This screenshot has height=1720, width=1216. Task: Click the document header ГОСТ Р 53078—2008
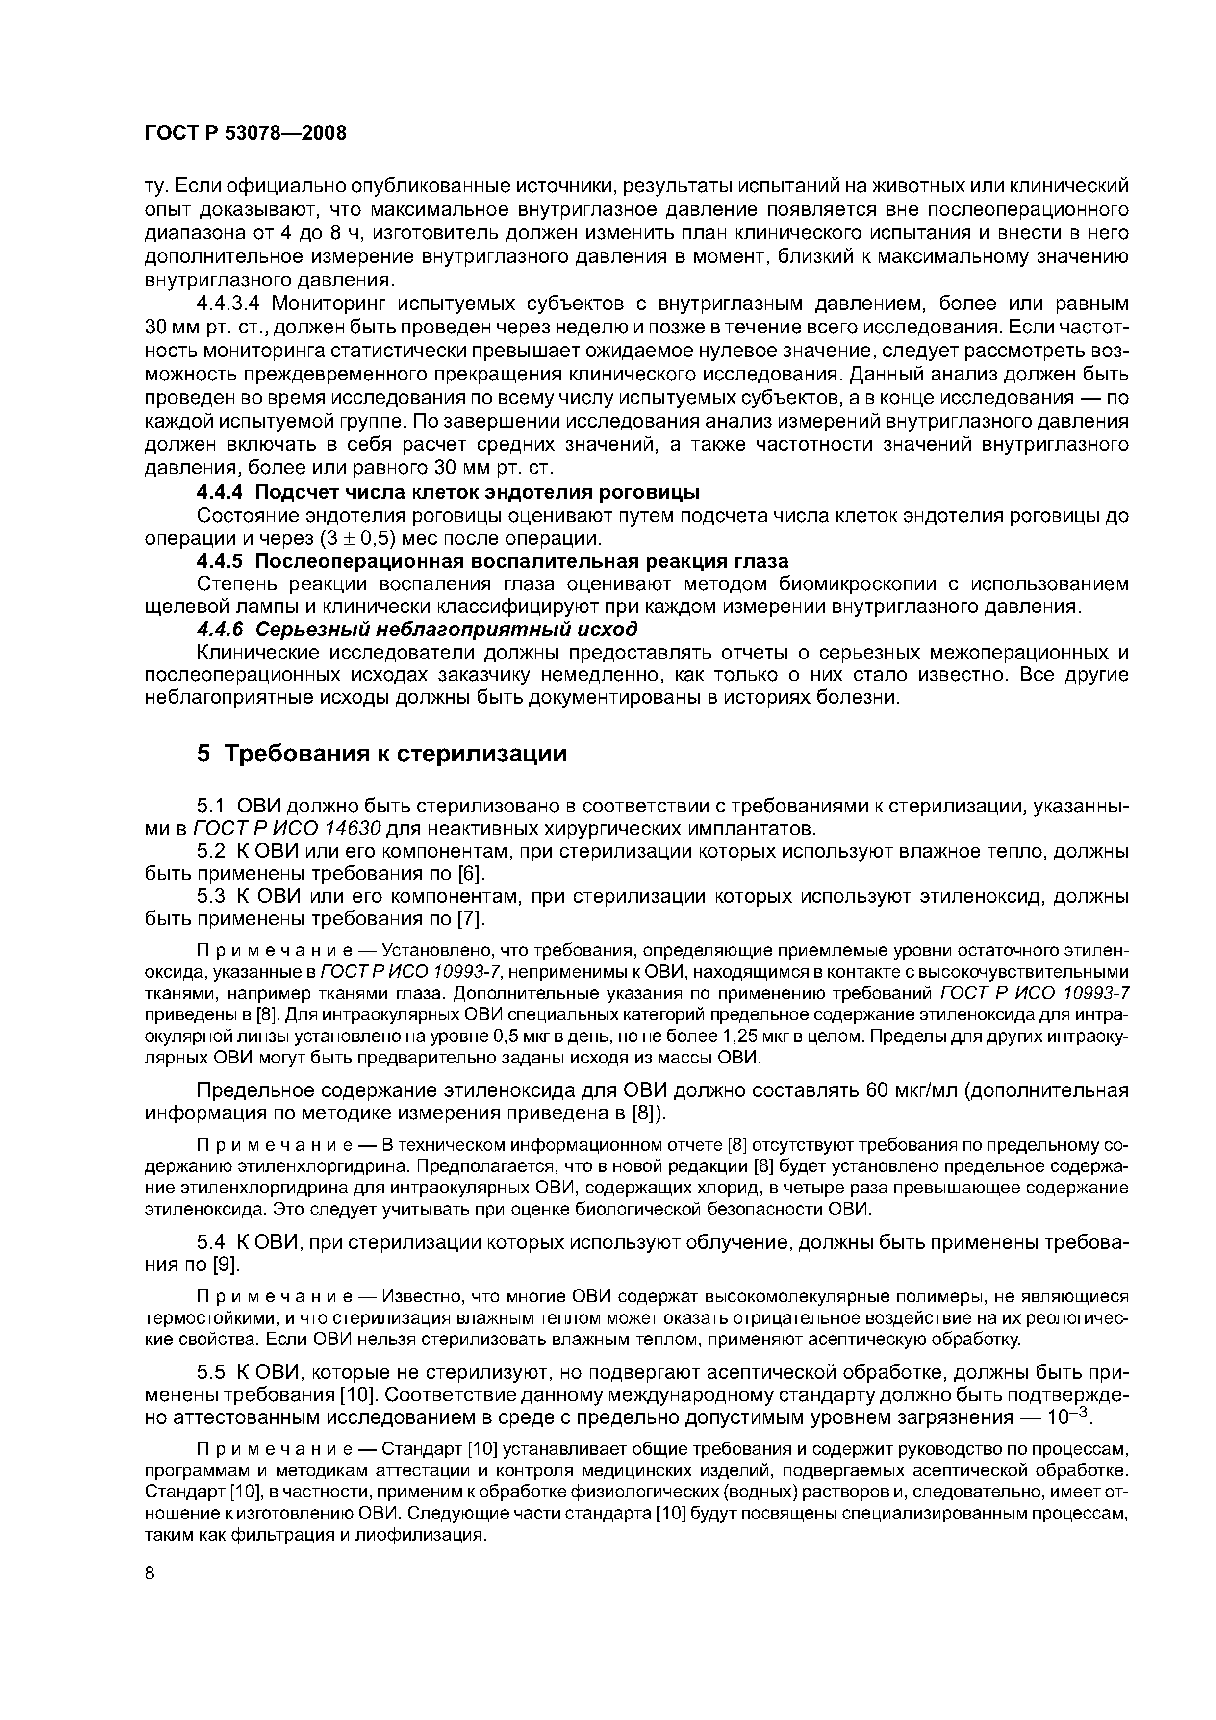click(x=245, y=133)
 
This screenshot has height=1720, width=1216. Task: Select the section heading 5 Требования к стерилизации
click(x=381, y=754)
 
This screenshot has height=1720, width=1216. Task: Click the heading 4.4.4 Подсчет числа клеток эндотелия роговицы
click(x=448, y=492)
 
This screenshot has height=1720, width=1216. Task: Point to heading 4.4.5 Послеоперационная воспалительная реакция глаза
click(x=492, y=560)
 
